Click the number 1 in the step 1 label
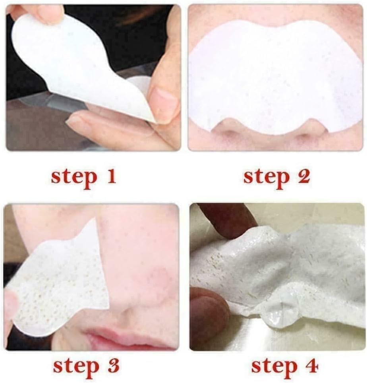point(111,176)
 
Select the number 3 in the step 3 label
point(113,365)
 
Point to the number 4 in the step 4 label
point(311,366)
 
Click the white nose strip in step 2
point(275,78)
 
